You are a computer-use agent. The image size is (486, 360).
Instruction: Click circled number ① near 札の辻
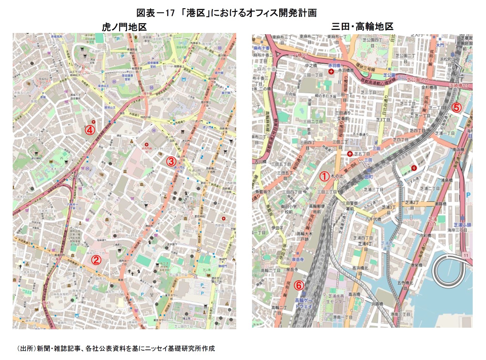(324, 176)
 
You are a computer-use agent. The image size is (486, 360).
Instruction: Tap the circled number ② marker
(96, 260)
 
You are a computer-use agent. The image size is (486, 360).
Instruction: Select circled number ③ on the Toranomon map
(171, 161)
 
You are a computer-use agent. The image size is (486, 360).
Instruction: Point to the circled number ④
(90, 130)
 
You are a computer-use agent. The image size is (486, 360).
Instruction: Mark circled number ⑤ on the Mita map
(456, 108)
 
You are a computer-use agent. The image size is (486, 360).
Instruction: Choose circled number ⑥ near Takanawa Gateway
(299, 285)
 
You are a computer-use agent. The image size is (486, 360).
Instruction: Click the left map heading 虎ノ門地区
(124, 27)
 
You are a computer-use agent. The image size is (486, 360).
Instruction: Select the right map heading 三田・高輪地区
(362, 26)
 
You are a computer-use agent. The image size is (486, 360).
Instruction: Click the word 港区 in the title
(195, 13)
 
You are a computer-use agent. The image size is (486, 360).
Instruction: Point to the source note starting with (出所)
(116, 348)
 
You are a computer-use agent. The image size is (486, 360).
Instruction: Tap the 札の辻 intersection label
(337, 176)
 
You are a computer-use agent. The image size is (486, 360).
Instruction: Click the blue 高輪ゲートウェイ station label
(303, 303)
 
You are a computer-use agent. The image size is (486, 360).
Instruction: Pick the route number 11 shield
(466, 255)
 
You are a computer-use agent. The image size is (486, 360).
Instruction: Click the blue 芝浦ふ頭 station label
(462, 225)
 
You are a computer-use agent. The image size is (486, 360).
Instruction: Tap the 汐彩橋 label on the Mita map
(425, 235)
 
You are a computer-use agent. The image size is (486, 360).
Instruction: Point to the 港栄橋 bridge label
(416, 265)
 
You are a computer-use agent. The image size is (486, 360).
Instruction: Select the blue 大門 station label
(440, 45)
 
